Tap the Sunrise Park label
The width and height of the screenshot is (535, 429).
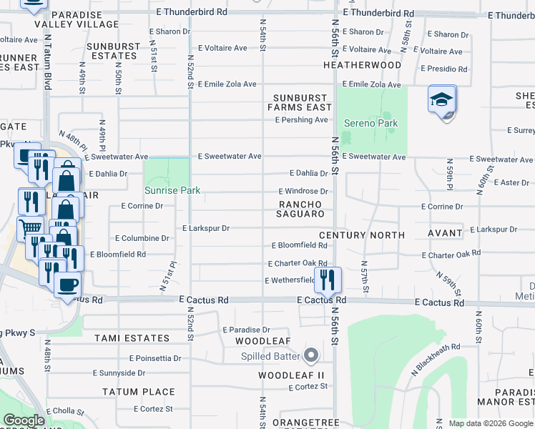[172, 191]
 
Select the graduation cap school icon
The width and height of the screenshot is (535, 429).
[442, 102]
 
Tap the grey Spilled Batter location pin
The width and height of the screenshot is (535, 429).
[310, 355]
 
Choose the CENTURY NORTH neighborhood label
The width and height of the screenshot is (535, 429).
[362, 235]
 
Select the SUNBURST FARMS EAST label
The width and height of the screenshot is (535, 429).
[298, 102]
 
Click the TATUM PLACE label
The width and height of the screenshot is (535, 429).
[138, 392]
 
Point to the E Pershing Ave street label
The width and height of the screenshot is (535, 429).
[301, 120]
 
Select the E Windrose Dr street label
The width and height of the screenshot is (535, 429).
[303, 192]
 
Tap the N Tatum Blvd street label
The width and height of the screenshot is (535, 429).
[48, 62]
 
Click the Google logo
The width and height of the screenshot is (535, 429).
[24, 421]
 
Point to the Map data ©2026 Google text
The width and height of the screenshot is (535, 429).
[490, 423]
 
